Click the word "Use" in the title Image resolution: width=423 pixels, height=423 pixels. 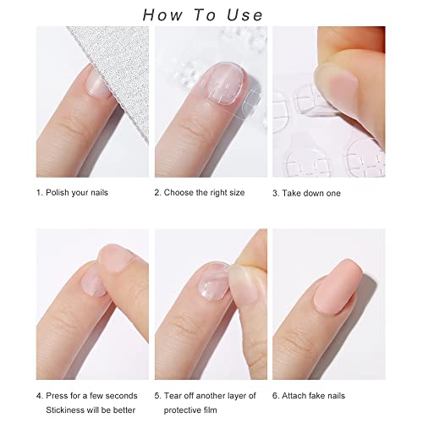click(244, 15)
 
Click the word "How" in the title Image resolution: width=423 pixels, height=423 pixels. click(162, 15)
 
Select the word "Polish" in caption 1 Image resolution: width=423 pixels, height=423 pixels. click(58, 193)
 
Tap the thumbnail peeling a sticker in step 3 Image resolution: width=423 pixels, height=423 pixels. click(337, 85)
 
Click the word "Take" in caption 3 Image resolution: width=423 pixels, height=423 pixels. click(292, 193)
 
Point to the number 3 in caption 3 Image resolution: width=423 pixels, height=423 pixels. click(275, 194)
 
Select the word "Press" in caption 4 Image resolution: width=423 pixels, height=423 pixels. click(58, 396)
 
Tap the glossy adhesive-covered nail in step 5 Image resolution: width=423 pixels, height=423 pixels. click(213, 282)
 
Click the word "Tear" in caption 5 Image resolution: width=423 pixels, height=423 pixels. click(173, 396)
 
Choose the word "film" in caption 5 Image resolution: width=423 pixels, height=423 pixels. click(209, 409)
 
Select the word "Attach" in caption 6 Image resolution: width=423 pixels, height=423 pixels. click(294, 396)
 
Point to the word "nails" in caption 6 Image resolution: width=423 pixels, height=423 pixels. click(335, 396)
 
